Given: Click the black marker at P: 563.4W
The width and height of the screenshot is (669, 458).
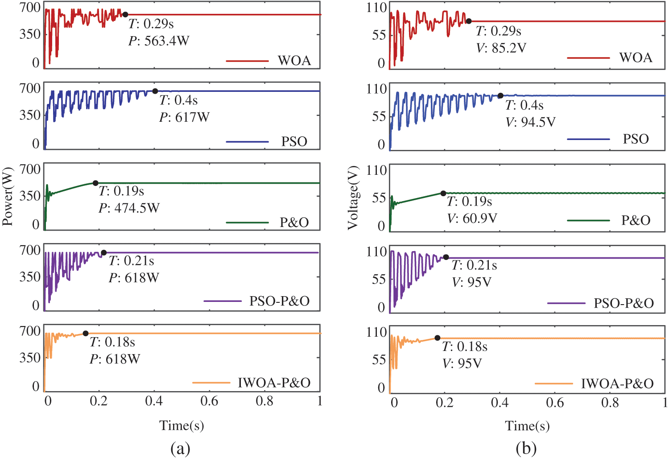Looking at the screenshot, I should pyautogui.click(x=125, y=15).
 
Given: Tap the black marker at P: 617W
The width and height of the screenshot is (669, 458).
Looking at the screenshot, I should pyautogui.click(x=155, y=91).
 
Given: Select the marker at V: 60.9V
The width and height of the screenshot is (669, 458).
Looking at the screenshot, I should pyautogui.click(x=443, y=194).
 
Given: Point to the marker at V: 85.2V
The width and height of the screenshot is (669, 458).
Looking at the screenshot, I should pyautogui.click(x=469, y=21).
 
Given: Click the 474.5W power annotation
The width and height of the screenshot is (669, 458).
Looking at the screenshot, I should pyautogui.click(x=129, y=208).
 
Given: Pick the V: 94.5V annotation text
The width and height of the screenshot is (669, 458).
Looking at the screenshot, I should pyautogui.click(x=530, y=122).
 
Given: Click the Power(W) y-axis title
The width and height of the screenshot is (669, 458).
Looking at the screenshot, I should pyautogui.click(x=8, y=196).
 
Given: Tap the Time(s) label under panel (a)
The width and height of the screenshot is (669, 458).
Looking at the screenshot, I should pyautogui.click(x=182, y=425).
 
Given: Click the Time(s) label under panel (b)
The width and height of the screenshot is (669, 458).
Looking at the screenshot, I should pyautogui.click(x=527, y=426).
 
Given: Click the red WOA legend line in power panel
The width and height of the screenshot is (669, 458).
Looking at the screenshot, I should pyautogui.click(x=248, y=61).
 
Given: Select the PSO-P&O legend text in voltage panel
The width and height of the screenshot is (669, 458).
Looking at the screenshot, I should pyautogui.click(x=624, y=303).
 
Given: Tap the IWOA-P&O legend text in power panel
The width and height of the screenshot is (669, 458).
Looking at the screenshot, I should pyautogui.click(x=274, y=383).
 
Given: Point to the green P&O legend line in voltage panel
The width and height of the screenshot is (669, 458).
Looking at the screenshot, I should pyautogui.click(x=588, y=220).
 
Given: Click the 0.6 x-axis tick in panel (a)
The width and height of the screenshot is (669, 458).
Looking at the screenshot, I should pyautogui.click(x=209, y=401).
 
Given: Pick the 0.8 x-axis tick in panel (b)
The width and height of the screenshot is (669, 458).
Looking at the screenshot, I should pyautogui.click(x=610, y=403).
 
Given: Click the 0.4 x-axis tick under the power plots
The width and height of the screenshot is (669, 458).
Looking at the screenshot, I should pyautogui.click(x=154, y=401).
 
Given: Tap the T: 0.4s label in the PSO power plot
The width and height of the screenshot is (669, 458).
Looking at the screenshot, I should pyautogui.click(x=178, y=100).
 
